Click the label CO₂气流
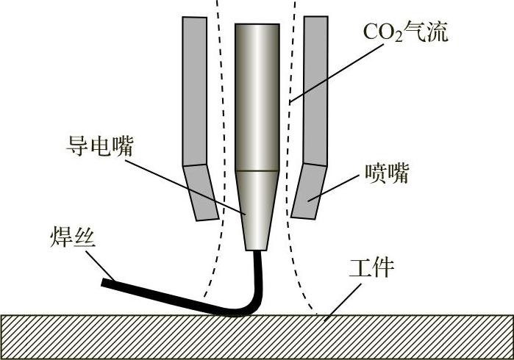pyautogui.click(x=405, y=32)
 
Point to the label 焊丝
pyautogui.click(x=71, y=237)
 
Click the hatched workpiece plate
pyautogui.click(x=257, y=337)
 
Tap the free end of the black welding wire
pyautogui.click(x=107, y=281)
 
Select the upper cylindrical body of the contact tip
pyautogui.click(x=257, y=96)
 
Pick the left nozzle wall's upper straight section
pyautogui.click(x=195, y=88)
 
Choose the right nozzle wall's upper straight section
pyautogui.click(x=315, y=88)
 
